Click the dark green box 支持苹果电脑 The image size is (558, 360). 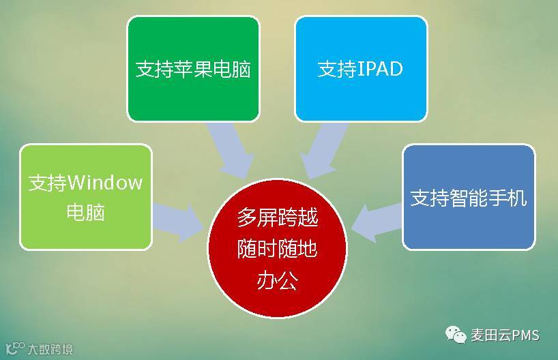point(193,68)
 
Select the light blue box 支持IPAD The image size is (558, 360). point(361,68)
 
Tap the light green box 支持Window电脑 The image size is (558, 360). point(85,196)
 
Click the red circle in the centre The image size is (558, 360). point(277,249)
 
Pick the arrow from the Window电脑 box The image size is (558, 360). point(177,222)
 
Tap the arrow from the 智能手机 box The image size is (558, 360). point(375,217)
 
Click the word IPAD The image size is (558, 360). point(380,70)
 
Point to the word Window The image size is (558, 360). point(105,183)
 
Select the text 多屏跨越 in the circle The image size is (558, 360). point(277,218)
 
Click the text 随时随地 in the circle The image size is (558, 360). point(277,250)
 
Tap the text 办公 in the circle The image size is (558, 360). point(277,280)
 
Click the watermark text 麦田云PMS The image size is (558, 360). point(505,335)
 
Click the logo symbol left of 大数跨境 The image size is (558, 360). point(15,348)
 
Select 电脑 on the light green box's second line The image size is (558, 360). point(85,212)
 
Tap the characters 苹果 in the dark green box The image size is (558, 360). point(193,70)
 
